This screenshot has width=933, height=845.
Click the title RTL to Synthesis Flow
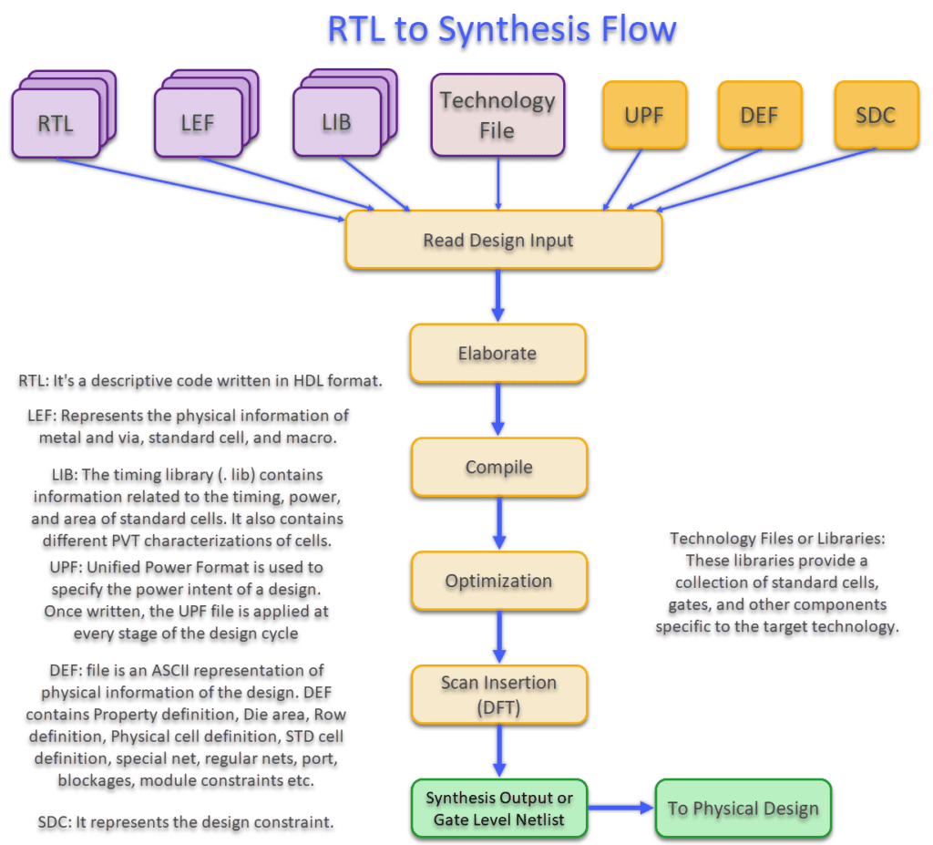(502, 31)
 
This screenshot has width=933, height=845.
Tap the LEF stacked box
(197, 123)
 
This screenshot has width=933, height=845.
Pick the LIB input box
(336, 122)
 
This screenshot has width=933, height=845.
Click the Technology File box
(497, 116)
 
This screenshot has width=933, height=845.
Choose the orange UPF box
(643, 116)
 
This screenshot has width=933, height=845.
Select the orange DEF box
(759, 116)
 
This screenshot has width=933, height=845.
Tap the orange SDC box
(876, 116)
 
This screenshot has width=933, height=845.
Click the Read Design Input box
(503, 241)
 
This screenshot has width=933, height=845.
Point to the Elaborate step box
(497, 354)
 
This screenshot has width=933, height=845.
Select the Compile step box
(498, 468)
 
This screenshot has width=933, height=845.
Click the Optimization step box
(498, 581)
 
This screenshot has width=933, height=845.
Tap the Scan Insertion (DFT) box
(498, 695)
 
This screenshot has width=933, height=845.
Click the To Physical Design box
(743, 809)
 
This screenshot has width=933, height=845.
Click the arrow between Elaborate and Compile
(497, 409)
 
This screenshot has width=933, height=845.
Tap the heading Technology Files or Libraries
(777, 539)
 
